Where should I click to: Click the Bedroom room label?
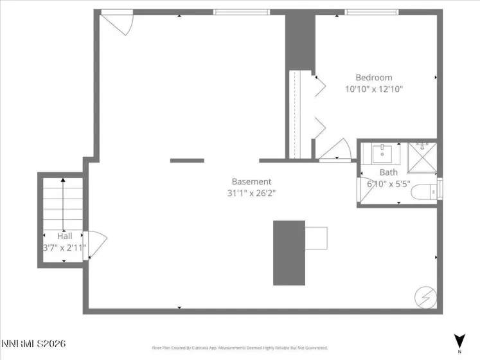374,78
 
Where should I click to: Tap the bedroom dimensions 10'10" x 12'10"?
374,90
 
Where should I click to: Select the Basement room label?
251,181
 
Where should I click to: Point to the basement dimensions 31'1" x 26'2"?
251,193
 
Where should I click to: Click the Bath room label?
388,172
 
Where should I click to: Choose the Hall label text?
64,236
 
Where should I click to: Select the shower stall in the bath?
422,156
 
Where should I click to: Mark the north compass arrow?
459,341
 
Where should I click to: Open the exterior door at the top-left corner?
118,24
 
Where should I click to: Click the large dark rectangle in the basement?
289,253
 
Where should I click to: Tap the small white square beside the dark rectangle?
316,238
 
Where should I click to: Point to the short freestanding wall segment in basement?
187,160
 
